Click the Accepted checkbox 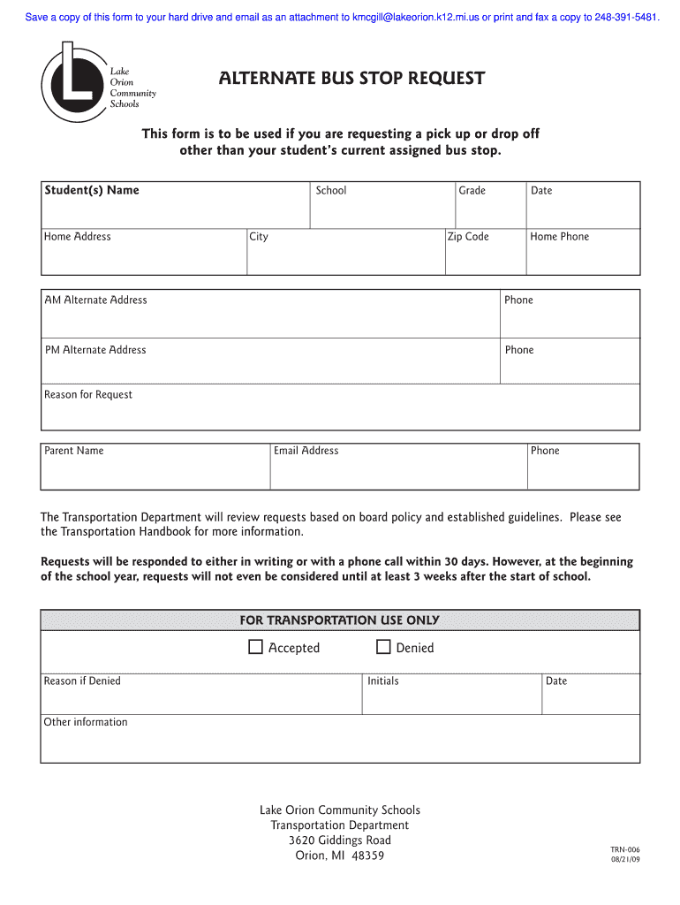255,648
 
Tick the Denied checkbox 383,648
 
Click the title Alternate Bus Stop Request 351,79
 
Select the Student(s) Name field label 92,190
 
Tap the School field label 331,191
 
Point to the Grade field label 472,191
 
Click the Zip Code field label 468,237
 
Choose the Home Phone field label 559,237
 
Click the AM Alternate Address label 96,300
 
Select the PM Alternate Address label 95,350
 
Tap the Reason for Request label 88,395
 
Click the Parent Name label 74,451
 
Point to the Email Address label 306,451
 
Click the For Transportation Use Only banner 340,620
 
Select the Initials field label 382,681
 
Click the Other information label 86,722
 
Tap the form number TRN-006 624,848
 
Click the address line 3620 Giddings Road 340,840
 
